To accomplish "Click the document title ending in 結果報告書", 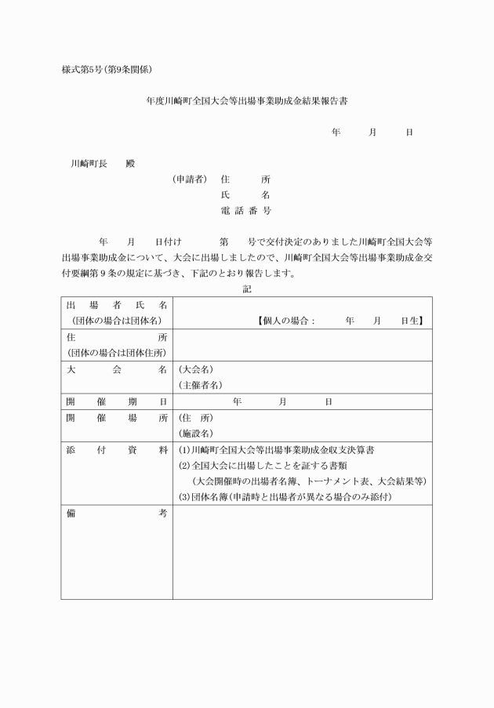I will [x=247, y=101].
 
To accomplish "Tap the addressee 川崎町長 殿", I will [x=103, y=164].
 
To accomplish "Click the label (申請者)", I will [x=190, y=180].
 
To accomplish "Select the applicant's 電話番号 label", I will [x=246, y=211].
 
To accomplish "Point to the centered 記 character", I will [x=246, y=289].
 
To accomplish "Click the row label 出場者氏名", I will [x=117, y=305].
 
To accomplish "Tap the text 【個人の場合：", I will [x=285, y=321].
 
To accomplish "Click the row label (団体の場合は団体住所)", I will [x=117, y=353].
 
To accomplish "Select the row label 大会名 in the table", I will [x=117, y=369].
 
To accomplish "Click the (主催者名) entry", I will [x=201, y=385].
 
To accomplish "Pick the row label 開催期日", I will [x=117, y=401].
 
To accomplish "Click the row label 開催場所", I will [x=117, y=417].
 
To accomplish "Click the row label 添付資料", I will [x=117, y=450].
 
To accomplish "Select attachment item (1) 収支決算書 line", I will [x=277, y=450].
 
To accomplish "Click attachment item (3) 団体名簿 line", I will [x=285, y=497].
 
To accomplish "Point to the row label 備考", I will [x=117, y=514].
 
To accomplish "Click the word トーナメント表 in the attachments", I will [x=343, y=481].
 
